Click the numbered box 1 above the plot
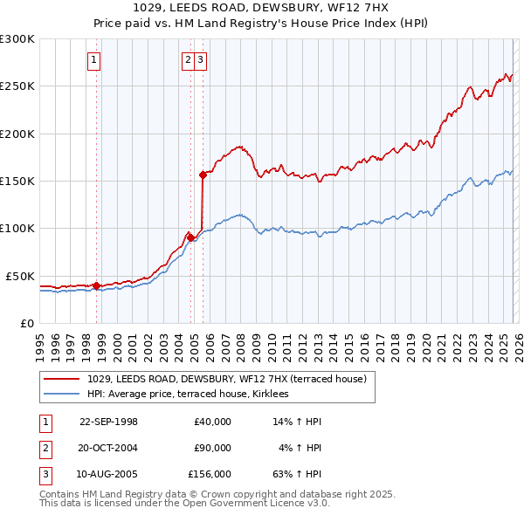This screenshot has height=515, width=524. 93,60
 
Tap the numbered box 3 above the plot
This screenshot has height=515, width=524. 201,60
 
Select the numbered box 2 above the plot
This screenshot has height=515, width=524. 188,60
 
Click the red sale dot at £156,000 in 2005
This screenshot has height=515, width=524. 203,175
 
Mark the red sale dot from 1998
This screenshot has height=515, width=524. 96,285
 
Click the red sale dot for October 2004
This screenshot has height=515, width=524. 190,237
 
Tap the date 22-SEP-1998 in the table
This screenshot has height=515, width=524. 108,422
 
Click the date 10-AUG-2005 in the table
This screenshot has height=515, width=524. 108,476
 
